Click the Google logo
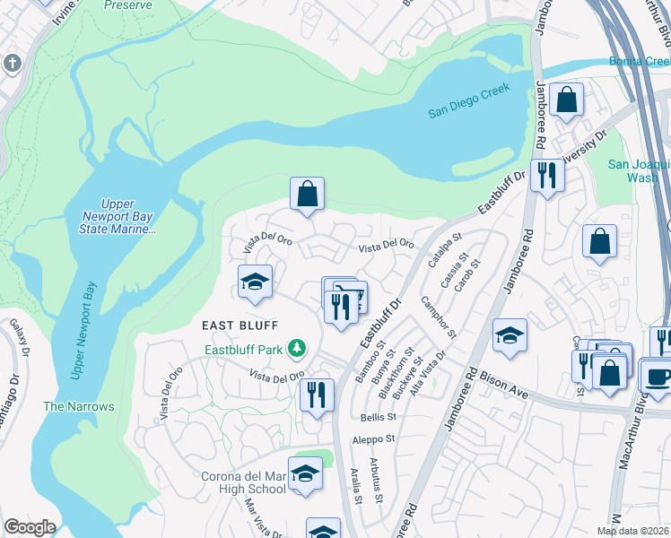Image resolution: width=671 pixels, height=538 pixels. pyautogui.click(x=30, y=527)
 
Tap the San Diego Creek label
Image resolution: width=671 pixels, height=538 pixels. pyautogui.click(x=468, y=100)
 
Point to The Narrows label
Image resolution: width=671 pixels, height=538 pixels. pyautogui.click(x=79, y=406)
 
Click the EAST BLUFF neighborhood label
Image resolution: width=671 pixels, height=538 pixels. pyautogui.click(x=240, y=325)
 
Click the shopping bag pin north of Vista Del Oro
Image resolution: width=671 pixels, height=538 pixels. pyautogui.click(x=307, y=193)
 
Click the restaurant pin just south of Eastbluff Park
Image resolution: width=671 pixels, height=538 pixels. pyautogui.click(x=317, y=395)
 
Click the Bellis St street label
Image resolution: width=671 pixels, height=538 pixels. pyautogui.click(x=377, y=417)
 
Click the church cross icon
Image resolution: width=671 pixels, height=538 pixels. pyautogui.click(x=13, y=63)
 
